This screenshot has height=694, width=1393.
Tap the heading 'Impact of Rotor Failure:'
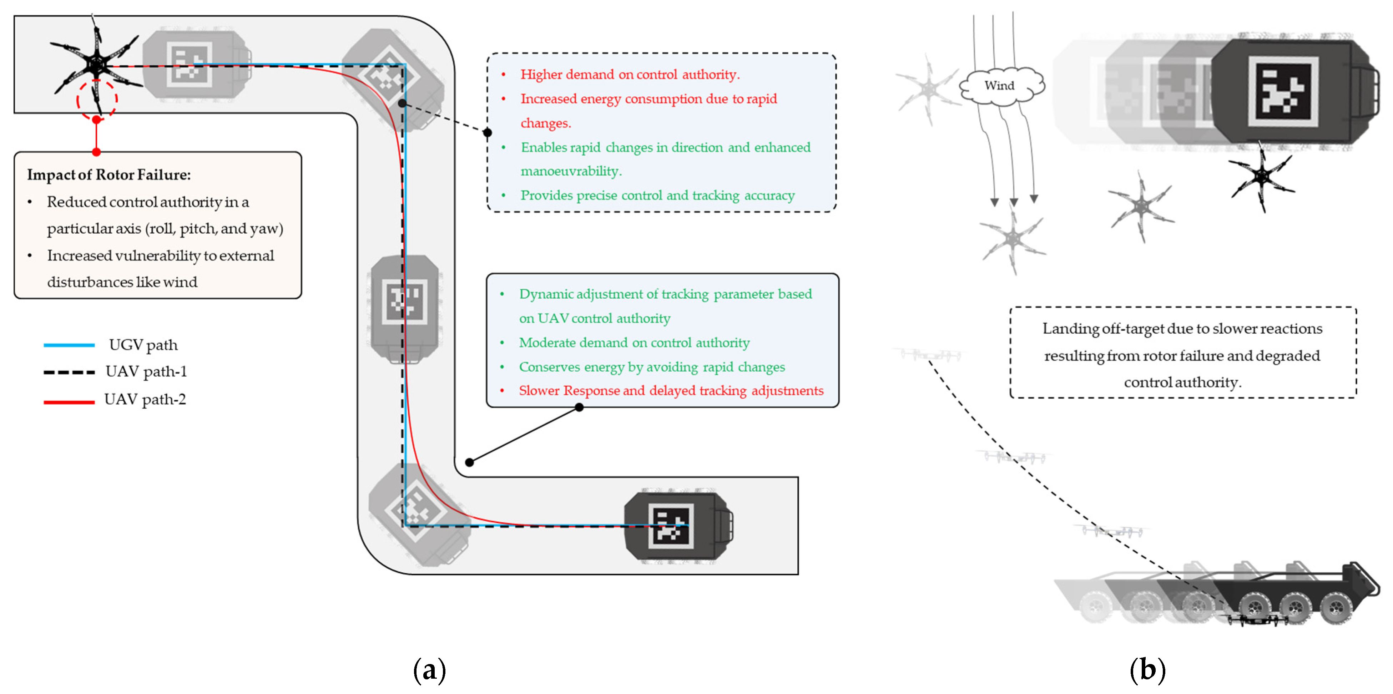coord(109,174)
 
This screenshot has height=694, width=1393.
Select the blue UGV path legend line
coord(69,345)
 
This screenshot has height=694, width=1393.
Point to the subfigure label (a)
coord(429,670)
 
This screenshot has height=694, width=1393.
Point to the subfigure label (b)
coord(1147,670)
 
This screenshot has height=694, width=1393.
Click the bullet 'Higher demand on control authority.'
coord(630,75)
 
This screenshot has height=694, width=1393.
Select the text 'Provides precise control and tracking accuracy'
coord(657,195)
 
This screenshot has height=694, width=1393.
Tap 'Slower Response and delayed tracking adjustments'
coord(671,390)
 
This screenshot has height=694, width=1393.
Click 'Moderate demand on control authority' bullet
coord(634,343)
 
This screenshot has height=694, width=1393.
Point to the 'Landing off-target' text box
coord(1183,353)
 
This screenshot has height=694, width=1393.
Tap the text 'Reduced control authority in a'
coord(148,202)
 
